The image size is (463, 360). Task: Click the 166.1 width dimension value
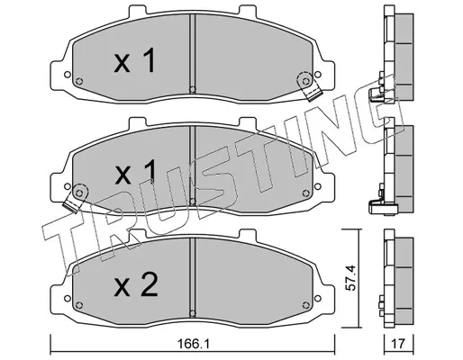193,344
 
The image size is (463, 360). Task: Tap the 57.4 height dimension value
350,278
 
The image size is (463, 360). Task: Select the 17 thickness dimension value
399,344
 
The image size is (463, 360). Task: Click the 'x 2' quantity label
136,284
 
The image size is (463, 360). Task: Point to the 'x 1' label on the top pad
134,60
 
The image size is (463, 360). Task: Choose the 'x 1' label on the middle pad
135,172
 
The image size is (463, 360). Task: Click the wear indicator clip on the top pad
310,86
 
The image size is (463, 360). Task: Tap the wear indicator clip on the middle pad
75,198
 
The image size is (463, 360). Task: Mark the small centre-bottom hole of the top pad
193,89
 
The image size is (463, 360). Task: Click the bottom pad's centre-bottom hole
193,313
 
